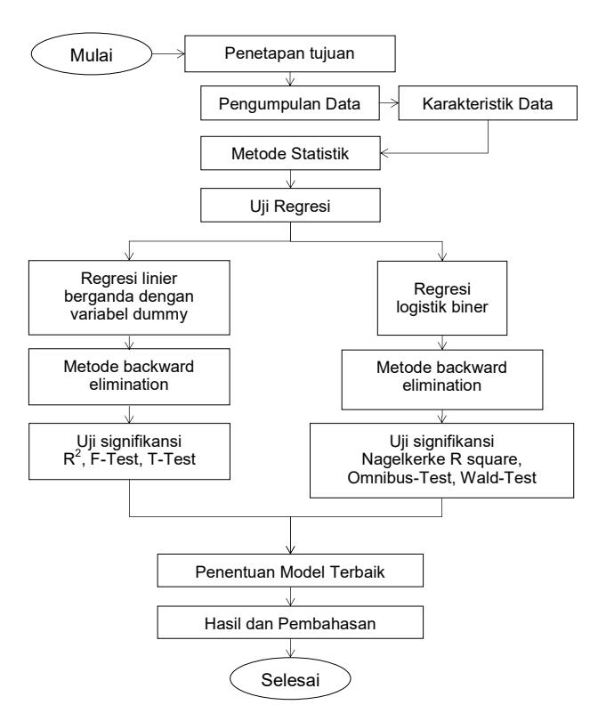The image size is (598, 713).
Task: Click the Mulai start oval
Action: (91, 53)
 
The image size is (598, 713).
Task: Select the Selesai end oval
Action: (290, 679)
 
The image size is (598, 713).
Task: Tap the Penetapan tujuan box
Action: (290, 53)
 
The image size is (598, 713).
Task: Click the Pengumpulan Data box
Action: (290, 103)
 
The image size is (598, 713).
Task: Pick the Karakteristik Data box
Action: (488, 103)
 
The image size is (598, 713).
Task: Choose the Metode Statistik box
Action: (290, 153)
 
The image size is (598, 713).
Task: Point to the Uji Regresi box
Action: (290, 206)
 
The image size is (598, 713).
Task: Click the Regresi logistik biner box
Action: (442, 298)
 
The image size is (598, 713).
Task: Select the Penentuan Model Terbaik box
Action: (290, 571)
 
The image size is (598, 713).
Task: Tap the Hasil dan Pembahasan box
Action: (290, 622)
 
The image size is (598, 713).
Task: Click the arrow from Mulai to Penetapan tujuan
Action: (168, 53)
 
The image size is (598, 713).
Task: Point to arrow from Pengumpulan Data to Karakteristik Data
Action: (389, 103)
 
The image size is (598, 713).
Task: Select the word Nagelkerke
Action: (402, 459)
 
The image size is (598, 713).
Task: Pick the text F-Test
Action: (116, 459)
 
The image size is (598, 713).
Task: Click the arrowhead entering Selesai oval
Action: (290, 653)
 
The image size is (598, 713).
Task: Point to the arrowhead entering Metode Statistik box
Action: (384, 153)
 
